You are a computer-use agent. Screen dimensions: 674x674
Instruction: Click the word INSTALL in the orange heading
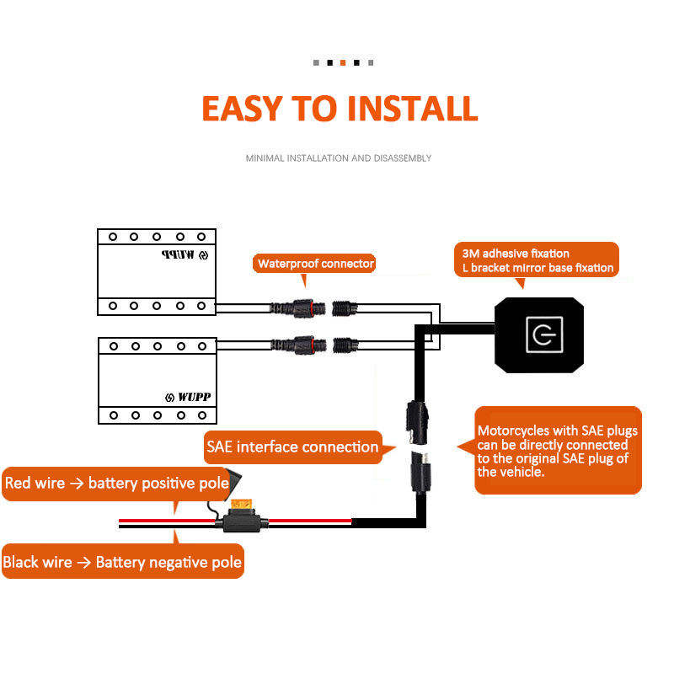click(x=413, y=109)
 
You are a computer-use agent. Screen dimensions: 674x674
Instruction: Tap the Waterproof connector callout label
click(x=314, y=263)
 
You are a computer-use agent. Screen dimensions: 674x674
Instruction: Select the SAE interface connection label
click(x=292, y=447)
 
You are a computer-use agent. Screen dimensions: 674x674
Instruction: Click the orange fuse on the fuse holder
click(x=242, y=504)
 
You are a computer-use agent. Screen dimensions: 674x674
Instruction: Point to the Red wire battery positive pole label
click(x=116, y=483)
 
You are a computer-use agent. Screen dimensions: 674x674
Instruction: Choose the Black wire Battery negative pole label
click(x=122, y=562)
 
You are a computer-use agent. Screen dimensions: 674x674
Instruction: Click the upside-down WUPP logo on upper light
click(x=185, y=255)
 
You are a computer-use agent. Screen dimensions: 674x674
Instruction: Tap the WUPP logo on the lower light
click(x=188, y=397)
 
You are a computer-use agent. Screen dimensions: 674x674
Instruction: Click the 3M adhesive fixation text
click(x=516, y=254)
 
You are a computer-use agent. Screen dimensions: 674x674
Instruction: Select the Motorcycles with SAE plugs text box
click(x=558, y=451)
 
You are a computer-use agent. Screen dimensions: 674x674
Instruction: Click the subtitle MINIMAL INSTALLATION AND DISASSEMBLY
click(x=339, y=158)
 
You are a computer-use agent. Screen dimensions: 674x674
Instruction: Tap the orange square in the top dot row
click(x=343, y=62)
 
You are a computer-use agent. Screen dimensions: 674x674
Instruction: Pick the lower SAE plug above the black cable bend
click(x=420, y=472)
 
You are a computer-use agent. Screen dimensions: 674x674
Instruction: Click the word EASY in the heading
click(x=242, y=109)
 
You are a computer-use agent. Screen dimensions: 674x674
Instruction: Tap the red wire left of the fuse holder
click(x=167, y=521)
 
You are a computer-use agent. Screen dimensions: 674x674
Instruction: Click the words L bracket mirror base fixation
click(x=538, y=268)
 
